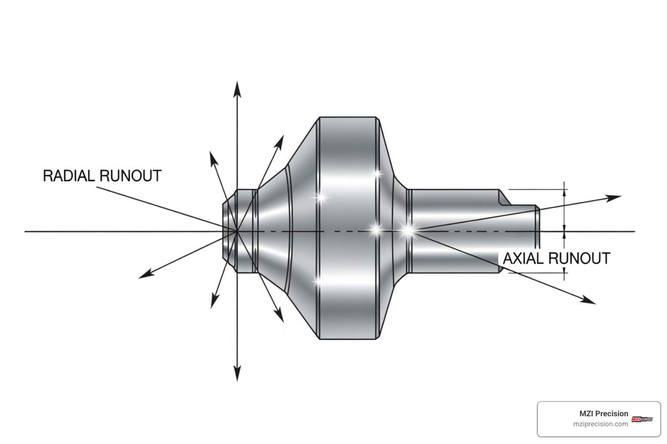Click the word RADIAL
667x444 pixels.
click(x=69, y=176)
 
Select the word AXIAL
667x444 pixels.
click(x=523, y=258)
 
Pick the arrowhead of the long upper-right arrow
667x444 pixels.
click(x=614, y=198)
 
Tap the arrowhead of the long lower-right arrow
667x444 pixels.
click(x=589, y=300)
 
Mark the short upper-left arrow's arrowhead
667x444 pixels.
click(x=213, y=158)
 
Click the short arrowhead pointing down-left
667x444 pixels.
click(x=214, y=302)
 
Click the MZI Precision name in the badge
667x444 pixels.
click(x=604, y=414)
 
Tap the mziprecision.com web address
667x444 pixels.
click(x=601, y=424)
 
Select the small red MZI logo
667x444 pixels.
click(x=642, y=419)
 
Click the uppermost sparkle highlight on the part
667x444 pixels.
click(x=377, y=174)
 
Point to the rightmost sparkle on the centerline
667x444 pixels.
click(x=408, y=231)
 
